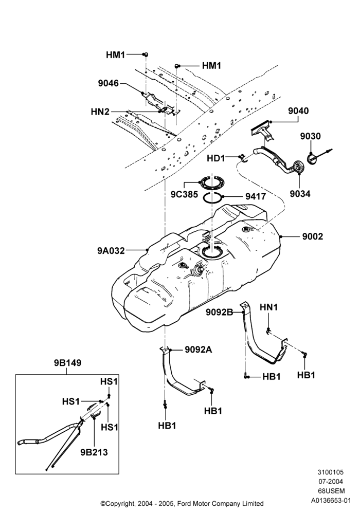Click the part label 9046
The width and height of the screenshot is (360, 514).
(x=108, y=84)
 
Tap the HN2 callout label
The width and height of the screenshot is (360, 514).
(x=100, y=112)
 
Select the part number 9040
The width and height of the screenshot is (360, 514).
(x=298, y=111)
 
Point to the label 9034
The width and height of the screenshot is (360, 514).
(x=300, y=194)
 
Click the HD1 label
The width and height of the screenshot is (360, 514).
(x=215, y=158)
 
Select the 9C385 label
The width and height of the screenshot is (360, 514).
(x=184, y=194)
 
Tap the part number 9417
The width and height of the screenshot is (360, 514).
(x=256, y=196)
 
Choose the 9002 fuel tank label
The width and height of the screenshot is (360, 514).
(x=313, y=236)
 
